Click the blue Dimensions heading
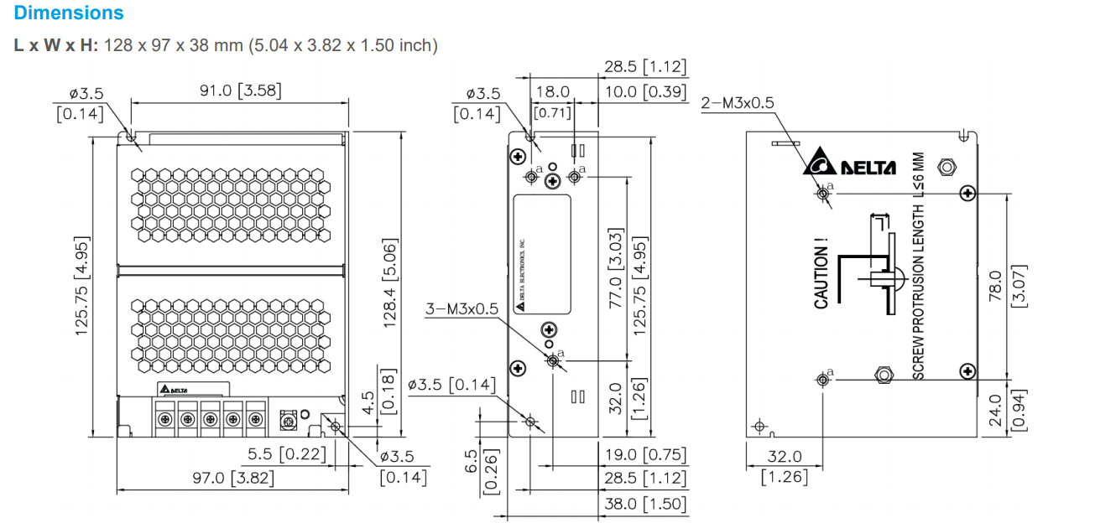click(69, 13)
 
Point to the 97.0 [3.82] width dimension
click(232, 478)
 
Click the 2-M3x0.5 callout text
click(738, 102)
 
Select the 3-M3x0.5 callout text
click(461, 308)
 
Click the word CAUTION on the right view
click(821, 272)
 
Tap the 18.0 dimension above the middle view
click(553, 91)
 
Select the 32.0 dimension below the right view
click(785, 457)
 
